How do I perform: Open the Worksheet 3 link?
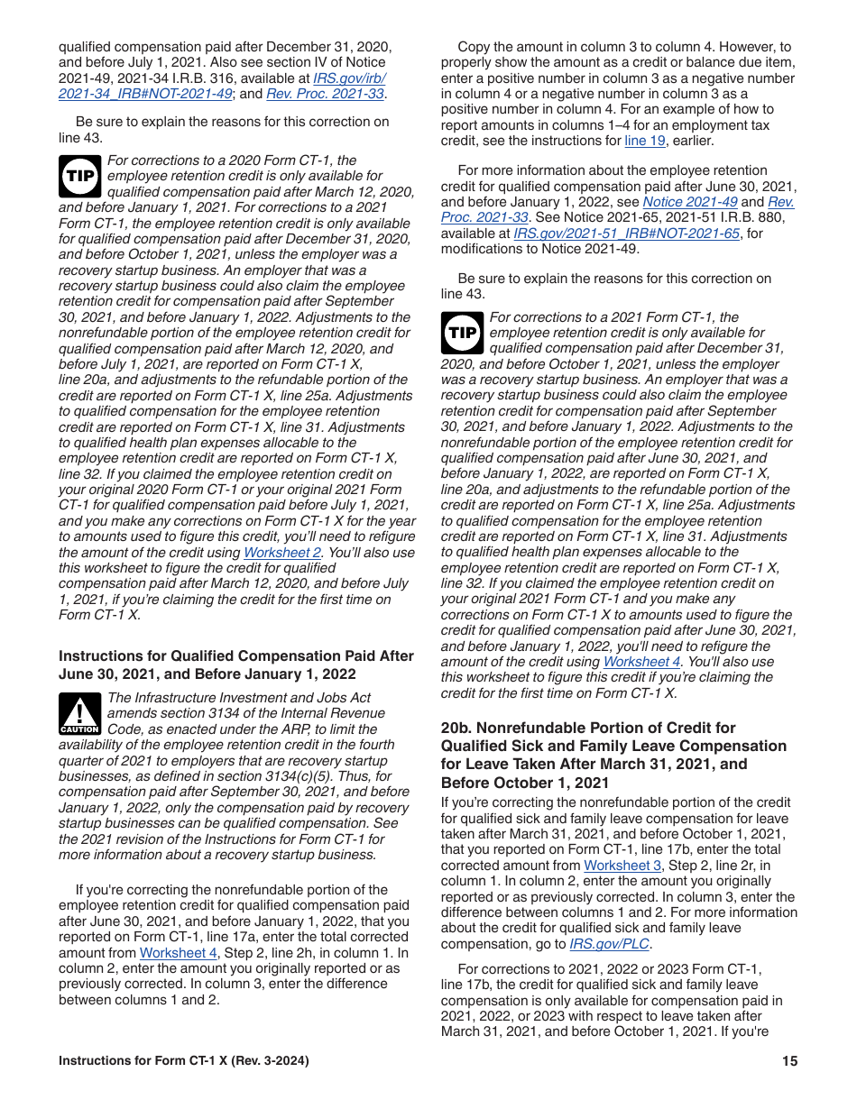(x=622, y=866)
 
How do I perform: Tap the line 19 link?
(x=645, y=141)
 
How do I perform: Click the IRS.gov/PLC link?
(x=610, y=944)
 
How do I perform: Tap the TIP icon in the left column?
(x=80, y=176)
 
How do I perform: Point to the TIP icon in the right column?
(x=462, y=333)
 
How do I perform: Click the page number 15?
(x=789, y=1061)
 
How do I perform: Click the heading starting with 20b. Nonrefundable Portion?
(x=613, y=755)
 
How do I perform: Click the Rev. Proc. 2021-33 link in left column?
(x=326, y=94)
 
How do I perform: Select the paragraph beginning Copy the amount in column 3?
(x=618, y=94)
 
